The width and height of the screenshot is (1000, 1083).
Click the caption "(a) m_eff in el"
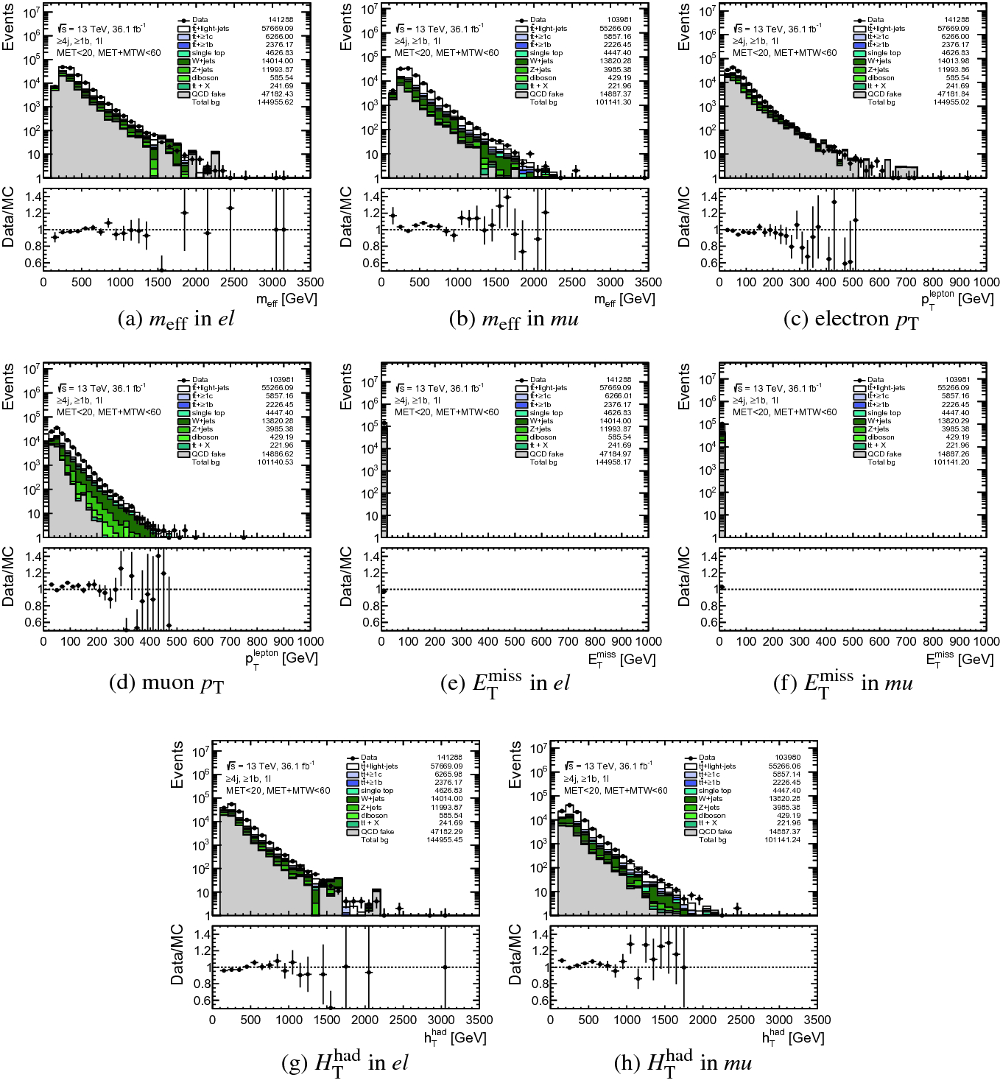pyautogui.click(x=176, y=320)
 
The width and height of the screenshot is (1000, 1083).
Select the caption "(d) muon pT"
pyautogui.click(x=166, y=683)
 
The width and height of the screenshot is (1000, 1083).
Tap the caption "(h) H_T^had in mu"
pyautogui.click(x=683, y=1063)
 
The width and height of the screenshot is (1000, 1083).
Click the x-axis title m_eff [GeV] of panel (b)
pyautogui.click(x=624, y=299)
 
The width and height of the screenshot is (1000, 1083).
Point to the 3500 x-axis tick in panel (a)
pyautogui.click(x=310, y=282)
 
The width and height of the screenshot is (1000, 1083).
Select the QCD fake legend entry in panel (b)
pyautogui.click(x=546, y=94)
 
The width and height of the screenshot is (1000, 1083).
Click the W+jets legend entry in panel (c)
pyautogui.click(x=879, y=61)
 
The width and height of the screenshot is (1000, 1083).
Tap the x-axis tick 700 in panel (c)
pyautogui.click(x=906, y=282)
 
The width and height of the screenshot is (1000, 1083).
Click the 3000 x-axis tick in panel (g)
pyautogui.click(x=441, y=1020)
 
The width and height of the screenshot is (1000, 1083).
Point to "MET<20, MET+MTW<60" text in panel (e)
pyautogui.click(x=446, y=412)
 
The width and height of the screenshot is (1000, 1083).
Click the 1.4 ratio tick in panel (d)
pyautogui.click(x=32, y=557)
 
